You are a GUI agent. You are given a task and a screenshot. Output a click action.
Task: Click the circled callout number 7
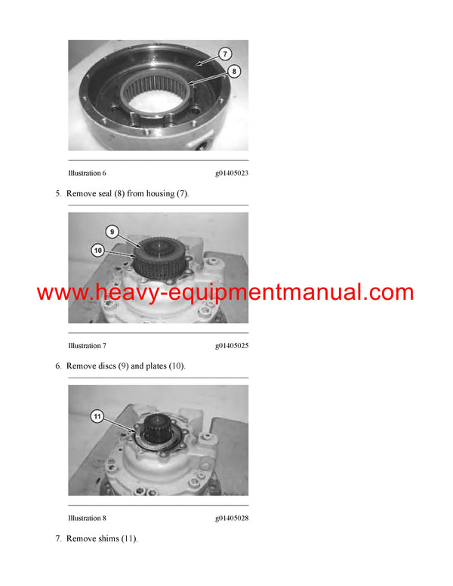(x=225, y=54)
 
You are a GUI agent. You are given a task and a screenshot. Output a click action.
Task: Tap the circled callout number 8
(x=234, y=71)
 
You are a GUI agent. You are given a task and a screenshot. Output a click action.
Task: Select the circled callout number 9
(x=112, y=232)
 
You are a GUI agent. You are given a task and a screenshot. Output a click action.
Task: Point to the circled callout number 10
(x=98, y=251)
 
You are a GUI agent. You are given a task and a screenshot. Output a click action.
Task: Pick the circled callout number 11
(x=97, y=416)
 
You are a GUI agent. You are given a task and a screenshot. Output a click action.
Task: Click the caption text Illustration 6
(x=87, y=173)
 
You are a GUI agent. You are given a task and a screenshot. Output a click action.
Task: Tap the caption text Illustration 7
(x=87, y=346)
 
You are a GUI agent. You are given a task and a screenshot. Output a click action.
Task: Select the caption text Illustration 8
(x=87, y=518)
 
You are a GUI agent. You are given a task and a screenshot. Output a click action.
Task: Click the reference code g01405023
(x=232, y=173)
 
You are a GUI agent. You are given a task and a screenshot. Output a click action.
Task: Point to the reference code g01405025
(x=232, y=346)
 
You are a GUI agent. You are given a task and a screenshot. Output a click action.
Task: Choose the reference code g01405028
(x=232, y=518)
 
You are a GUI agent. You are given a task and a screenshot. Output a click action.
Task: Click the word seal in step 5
(x=105, y=193)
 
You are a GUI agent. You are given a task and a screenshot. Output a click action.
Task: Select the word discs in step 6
(x=107, y=366)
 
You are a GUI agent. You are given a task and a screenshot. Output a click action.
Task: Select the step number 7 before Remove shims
(x=58, y=538)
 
